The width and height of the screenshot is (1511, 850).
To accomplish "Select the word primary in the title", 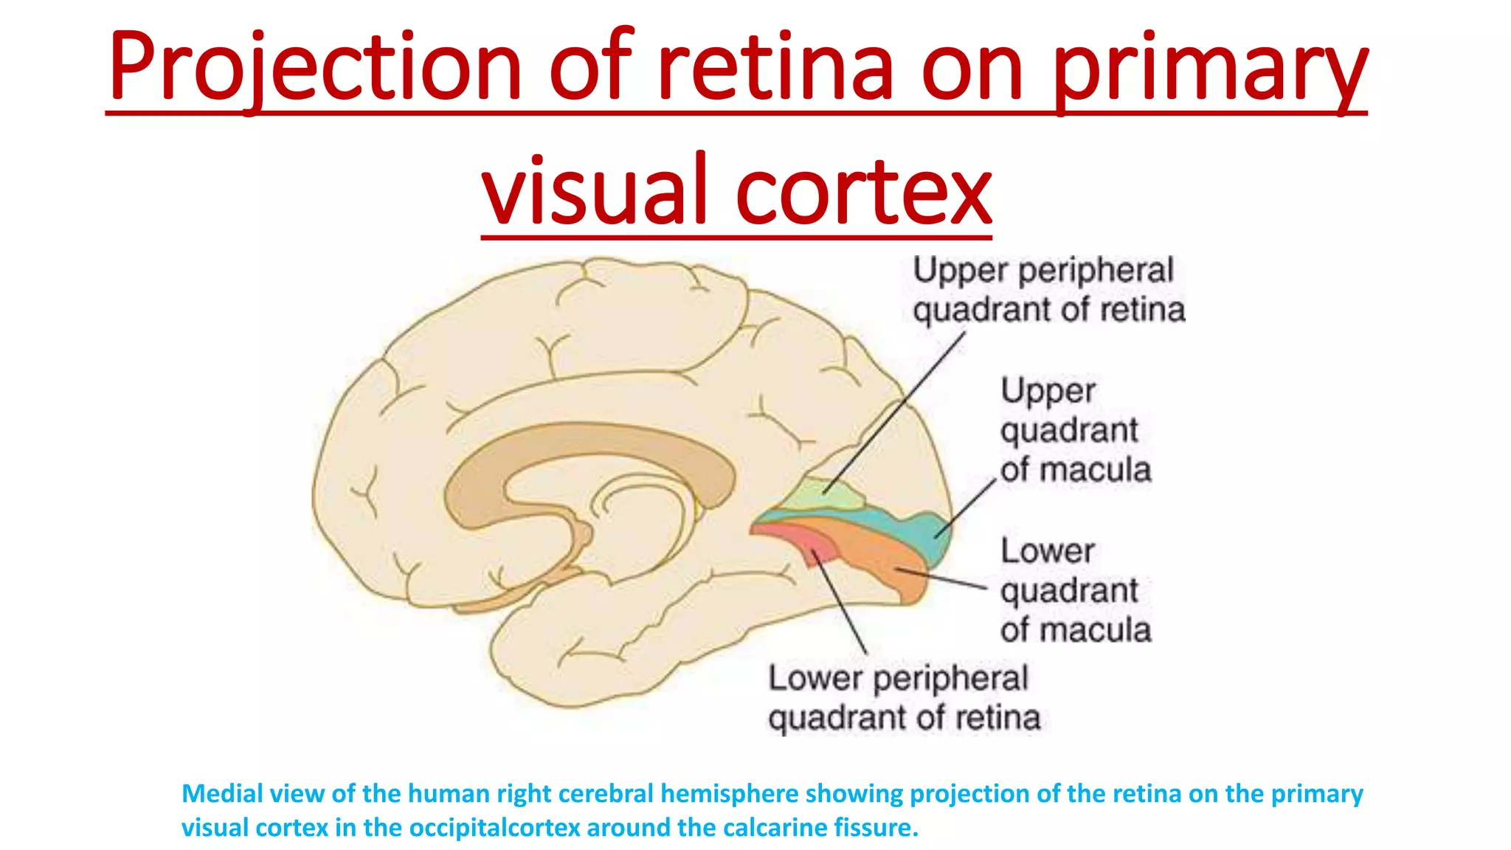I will coord(1211,68).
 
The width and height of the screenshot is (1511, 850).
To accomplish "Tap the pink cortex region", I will coord(801,539).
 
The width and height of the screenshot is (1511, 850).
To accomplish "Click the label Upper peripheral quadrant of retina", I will coord(1048,290).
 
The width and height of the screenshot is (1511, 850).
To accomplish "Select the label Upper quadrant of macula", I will coord(1074,431).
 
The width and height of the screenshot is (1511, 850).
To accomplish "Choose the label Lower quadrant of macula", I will coord(1074,590).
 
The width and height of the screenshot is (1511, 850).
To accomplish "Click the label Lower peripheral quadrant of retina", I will coord(903,698).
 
